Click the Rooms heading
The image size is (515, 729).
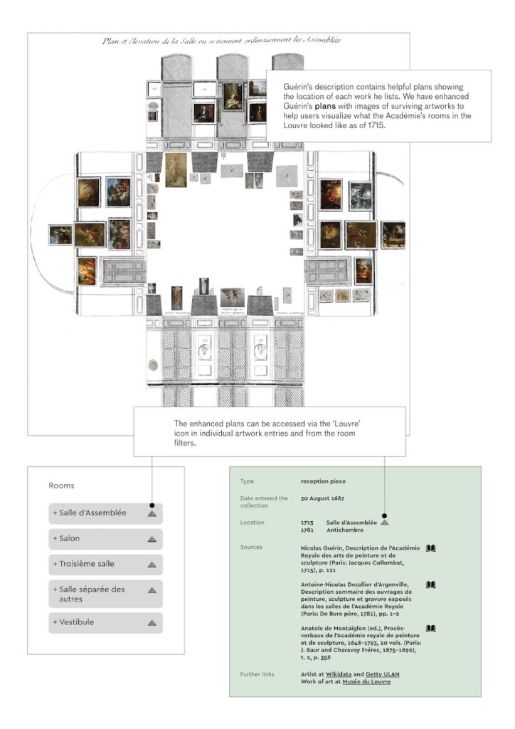pyautogui.click(x=61, y=486)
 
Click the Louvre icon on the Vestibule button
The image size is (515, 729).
pyautogui.click(x=152, y=623)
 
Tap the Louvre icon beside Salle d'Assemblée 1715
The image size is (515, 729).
pyautogui.click(x=385, y=523)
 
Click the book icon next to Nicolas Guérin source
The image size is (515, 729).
pyautogui.click(x=430, y=548)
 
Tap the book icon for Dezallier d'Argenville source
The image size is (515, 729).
pyautogui.click(x=430, y=585)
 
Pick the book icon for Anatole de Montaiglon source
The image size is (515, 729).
pyautogui.click(x=430, y=629)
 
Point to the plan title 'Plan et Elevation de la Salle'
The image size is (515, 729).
pyautogui.click(x=221, y=41)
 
